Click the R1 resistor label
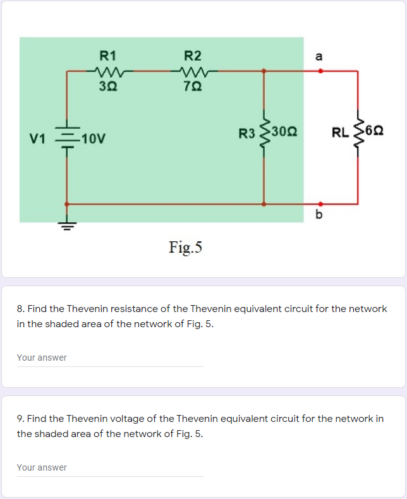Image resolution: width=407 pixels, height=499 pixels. coord(107,55)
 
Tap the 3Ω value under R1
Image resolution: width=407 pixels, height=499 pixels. coord(107,87)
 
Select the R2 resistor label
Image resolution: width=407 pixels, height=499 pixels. coord(193,55)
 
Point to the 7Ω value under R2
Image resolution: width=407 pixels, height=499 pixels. coord(193,87)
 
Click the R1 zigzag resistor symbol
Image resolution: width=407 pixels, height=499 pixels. coord(107,71)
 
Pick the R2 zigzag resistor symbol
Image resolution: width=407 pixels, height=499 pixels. coord(193,71)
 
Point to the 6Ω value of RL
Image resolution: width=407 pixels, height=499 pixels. coord(376,133)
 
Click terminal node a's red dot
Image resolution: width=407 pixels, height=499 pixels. coord(320,71)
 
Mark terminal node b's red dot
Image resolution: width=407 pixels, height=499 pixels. coord(320,204)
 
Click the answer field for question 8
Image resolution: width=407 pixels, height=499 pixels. coord(110,358)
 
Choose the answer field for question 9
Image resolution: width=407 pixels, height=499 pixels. coord(110,468)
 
